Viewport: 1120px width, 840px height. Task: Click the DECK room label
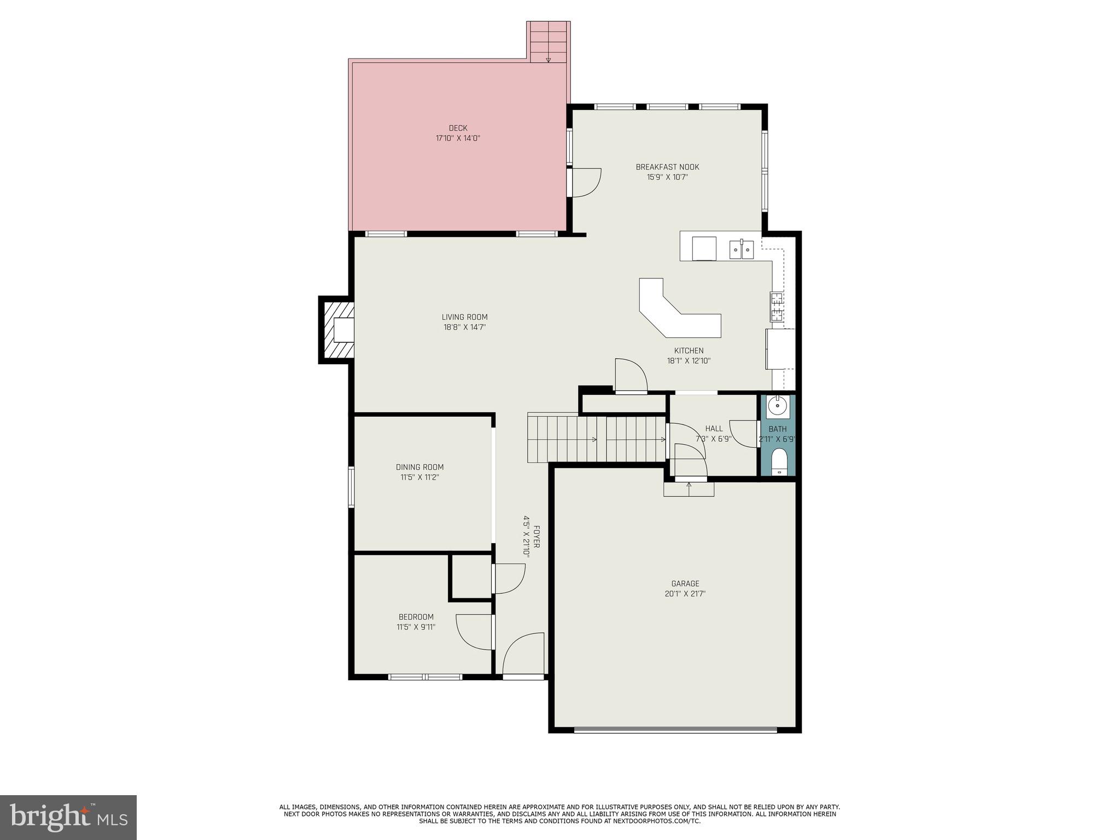458,128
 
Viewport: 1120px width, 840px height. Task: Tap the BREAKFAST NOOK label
667,167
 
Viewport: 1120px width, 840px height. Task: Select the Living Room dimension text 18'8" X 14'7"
464,327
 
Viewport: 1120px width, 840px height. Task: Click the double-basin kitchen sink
742,250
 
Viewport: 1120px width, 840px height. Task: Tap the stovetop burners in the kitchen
777,306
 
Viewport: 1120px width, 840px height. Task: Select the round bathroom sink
777,406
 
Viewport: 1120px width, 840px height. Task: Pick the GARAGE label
685,584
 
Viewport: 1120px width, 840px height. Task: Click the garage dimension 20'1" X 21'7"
685,594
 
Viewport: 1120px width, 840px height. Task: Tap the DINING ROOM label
419,467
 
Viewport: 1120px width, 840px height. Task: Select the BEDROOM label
416,617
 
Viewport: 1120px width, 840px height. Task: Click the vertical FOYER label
536,536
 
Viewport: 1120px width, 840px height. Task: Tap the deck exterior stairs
549,42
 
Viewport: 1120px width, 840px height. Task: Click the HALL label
714,429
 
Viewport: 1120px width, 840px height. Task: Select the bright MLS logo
68,817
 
